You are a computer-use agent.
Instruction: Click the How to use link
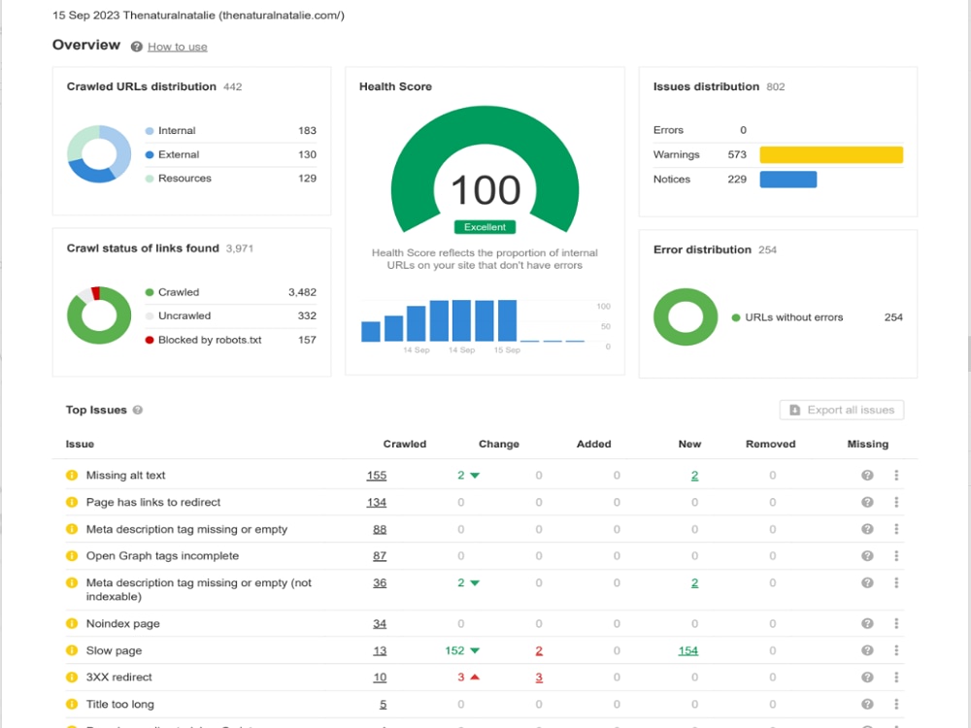[x=177, y=47]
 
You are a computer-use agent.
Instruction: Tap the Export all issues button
[x=842, y=410]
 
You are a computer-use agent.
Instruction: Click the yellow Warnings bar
[x=831, y=154]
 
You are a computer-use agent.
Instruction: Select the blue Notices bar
[x=788, y=180]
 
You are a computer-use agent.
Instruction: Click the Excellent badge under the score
[x=485, y=227]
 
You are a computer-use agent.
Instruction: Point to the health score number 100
[x=485, y=190]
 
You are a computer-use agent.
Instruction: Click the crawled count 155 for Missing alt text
[x=377, y=476]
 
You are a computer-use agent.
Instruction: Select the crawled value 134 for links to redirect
[x=377, y=503]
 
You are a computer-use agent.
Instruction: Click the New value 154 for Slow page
[x=688, y=650]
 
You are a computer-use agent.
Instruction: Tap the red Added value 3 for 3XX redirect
[x=539, y=678]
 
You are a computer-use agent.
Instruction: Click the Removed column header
[x=770, y=444]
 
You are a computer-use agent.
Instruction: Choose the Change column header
[x=498, y=444]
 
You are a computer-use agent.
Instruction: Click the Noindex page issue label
[x=122, y=623]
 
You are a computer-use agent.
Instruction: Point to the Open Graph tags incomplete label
[x=162, y=556]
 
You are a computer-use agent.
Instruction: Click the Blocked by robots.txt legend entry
[x=203, y=340]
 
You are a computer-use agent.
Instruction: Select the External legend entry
[x=172, y=154]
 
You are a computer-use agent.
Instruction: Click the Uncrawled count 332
[x=307, y=315]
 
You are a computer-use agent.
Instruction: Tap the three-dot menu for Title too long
[x=896, y=704]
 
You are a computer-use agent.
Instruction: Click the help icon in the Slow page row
[x=867, y=650]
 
